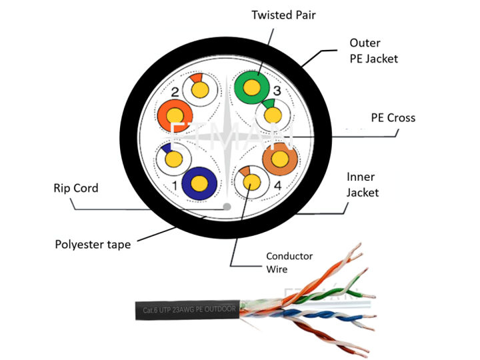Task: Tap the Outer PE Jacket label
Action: pos(373,51)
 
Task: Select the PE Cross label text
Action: pos(393,118)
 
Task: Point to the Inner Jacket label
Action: pos(363,185)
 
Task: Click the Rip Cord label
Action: pos(75,189)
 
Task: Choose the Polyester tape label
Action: pos(93,245)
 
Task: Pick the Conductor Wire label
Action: pos(289,263)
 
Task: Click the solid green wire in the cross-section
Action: pos(252,86)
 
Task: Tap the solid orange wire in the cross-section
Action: pos(174,118)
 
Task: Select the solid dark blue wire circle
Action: pos(199,183)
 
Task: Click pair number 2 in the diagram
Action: pos(175,92)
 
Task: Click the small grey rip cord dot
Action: pos(227,207)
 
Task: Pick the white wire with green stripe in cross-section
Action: pos(273,115)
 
